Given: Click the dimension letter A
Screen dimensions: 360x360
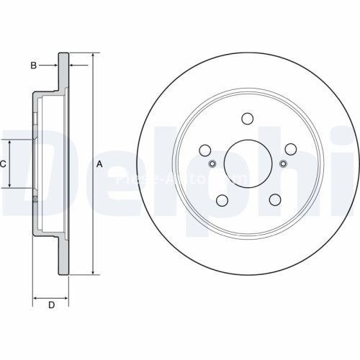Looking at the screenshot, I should tap(100, 165).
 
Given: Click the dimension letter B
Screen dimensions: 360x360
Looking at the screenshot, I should tap(33, 66).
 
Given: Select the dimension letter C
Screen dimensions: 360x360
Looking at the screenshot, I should tap(4, 164).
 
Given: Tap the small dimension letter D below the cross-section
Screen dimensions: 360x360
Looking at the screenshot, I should tap(51, 305).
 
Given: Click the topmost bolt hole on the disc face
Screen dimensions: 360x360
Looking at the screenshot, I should tap(248, 119).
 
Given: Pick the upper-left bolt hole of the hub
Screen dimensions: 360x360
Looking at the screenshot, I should tap(204, 150).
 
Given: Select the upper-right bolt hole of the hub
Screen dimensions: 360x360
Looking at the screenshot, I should tap(291, 149).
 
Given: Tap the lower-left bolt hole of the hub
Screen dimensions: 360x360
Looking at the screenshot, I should tap(222, 201).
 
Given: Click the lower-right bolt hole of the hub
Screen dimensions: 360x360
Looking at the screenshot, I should tap(274, 201).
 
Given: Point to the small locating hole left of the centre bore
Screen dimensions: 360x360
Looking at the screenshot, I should tap(212, 163).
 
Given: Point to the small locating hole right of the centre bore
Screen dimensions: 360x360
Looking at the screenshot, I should tap(283, 163).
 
